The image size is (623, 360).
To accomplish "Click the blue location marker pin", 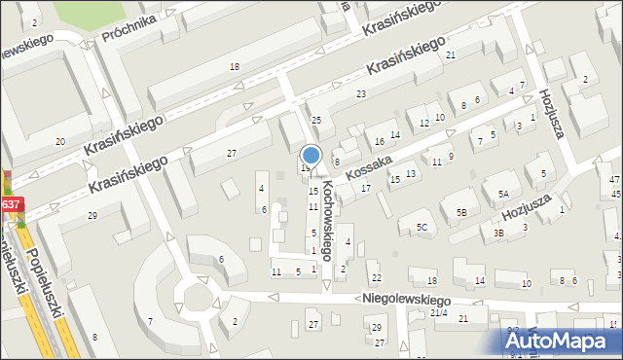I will coord(311,155).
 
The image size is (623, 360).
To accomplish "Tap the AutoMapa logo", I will coord(563,341).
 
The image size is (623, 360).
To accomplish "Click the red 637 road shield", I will coord(10,204).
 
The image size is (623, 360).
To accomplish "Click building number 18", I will coord(234,66).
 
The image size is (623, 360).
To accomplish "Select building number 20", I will coord(60,142).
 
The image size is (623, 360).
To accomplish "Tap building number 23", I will coord(360,93).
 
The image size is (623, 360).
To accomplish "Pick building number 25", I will coord(315,119).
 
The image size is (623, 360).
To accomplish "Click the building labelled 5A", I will coord(503,195).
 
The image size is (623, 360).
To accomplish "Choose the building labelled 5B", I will coord(462,211).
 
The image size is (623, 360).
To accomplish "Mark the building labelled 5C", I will coord(421,228).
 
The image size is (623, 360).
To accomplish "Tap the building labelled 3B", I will coord(497,233).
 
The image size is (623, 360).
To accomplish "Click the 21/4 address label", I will coord(438,312).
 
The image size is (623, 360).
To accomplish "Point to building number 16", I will coord(380,141).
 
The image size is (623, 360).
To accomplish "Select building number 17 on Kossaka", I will coord(365,187).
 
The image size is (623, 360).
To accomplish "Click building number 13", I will coord(411,173).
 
